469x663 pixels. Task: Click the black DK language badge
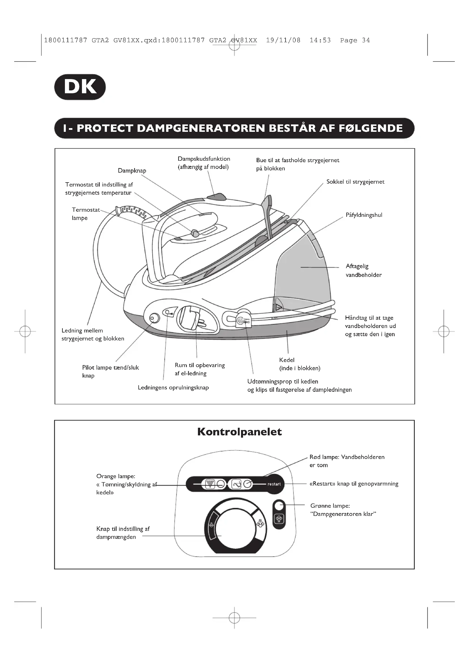80,87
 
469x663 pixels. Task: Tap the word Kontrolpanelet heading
239,432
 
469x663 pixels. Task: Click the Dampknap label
132,171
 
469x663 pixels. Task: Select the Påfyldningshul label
364,215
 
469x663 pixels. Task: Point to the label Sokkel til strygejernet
355,182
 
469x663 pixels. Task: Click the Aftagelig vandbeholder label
363,271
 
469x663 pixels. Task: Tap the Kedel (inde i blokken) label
299,364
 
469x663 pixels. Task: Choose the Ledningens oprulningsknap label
173,387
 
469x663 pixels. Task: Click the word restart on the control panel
274,484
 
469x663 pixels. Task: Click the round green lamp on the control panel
279,506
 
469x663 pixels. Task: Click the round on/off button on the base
155,318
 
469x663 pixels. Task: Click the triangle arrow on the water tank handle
278,307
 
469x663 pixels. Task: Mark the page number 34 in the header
366,41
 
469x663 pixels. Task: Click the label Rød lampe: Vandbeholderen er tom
347,461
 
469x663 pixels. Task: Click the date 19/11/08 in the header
283,41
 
